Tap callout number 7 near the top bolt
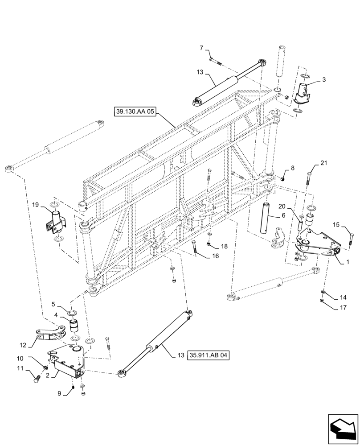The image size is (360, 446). (x=201, y=48)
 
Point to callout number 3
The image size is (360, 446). (x=324, y=80)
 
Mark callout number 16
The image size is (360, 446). (x=216, y=256)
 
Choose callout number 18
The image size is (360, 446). (x=224, y=246)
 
